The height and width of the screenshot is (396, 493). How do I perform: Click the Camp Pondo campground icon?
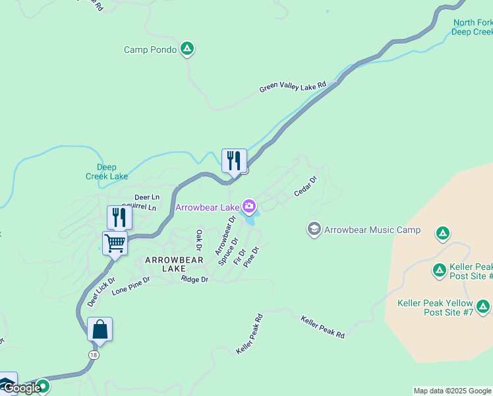187,49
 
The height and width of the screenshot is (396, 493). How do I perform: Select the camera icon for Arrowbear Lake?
248,207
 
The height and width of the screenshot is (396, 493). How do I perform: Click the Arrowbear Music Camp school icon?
314,230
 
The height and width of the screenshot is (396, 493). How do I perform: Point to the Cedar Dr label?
306,185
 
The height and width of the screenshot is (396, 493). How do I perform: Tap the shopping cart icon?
115,244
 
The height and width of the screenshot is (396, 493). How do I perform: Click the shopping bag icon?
100,329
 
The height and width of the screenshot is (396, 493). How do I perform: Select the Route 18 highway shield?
94,355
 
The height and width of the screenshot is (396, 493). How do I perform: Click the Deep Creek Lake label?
107,172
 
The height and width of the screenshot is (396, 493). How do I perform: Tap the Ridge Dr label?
194,280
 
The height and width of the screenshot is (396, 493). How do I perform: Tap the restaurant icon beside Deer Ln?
119,217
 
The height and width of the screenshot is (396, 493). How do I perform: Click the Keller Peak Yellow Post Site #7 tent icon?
483,306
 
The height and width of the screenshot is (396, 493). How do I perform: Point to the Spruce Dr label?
229,251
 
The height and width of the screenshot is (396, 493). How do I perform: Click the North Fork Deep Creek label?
473,26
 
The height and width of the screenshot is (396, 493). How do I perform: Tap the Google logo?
21,389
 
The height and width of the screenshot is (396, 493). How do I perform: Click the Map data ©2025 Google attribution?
452,391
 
